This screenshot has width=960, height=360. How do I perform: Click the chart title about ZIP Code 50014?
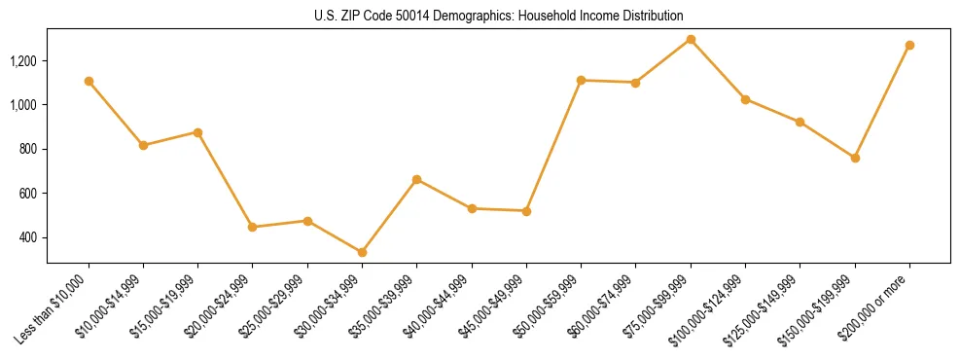point(499,16)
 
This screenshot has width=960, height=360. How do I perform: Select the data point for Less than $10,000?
point(89,81)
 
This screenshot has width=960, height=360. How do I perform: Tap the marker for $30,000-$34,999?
point(362,252)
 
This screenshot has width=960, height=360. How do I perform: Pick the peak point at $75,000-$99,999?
point(691,39)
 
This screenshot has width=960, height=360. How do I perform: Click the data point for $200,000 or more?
point(909,45)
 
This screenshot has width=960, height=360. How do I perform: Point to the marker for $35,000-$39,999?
point(416,179)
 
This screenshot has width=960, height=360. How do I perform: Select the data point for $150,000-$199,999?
point(855,158)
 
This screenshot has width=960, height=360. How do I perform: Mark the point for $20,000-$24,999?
point(253,227)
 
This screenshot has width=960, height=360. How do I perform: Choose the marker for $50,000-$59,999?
point(581,80)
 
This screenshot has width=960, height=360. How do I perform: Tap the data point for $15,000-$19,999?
point(197,131)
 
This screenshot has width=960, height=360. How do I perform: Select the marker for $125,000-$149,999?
point(800,122)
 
